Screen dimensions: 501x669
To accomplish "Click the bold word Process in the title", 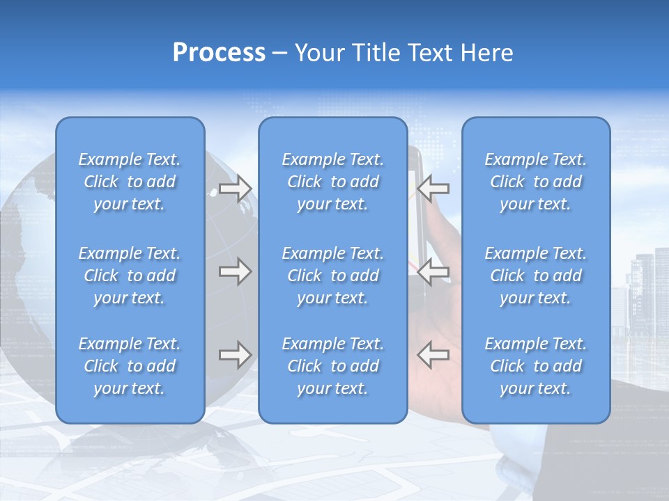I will pos(219,53).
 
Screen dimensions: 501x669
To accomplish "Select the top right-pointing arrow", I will pos(235,189).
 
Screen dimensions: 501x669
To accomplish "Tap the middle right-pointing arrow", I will pos(235,271).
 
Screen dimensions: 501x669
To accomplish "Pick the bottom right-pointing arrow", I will pos(235,355).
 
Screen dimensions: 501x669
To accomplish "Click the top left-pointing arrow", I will pos(433,188).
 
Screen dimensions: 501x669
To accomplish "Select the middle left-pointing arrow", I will pos(433,271).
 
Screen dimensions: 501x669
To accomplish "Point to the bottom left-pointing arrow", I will pos(433,355).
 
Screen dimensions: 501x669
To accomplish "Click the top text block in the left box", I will pos(130,182).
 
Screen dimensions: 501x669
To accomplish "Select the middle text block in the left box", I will pos(130,276).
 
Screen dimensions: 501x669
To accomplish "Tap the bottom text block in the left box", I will pos(130,366).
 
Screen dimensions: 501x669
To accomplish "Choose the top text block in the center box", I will pos(333,182).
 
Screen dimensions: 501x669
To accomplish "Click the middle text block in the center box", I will pos(333,276).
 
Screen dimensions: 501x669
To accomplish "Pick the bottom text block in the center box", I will pos(333,366).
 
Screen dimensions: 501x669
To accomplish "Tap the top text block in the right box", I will pos(536,182).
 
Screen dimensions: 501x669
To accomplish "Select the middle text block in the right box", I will pos(536,276).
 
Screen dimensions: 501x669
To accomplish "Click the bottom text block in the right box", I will pos(536,366).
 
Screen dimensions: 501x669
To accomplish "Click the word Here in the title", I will pos(486,53).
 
